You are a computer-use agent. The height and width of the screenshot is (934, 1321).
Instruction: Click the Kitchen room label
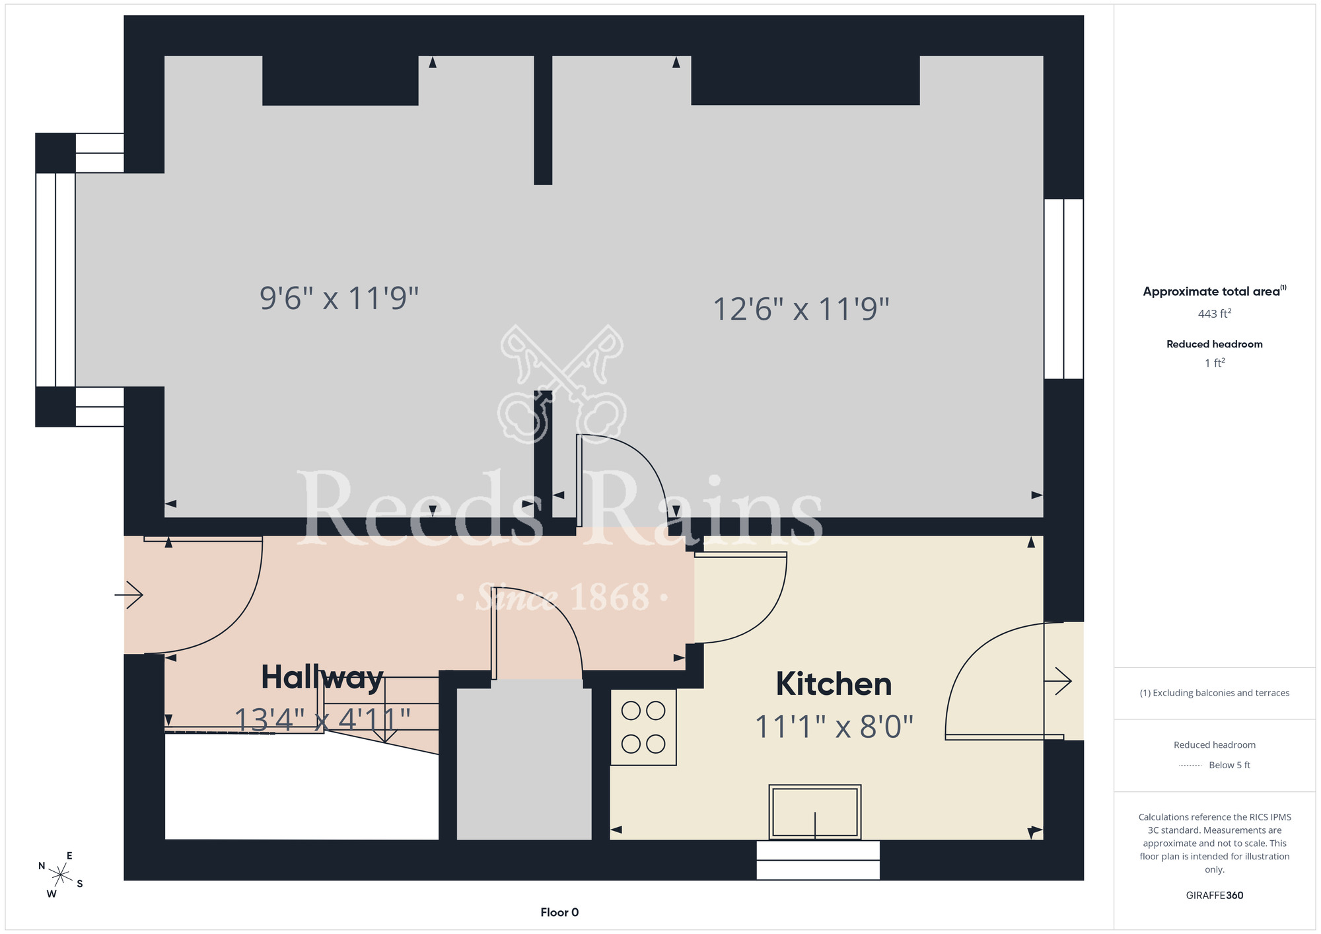(834, 684)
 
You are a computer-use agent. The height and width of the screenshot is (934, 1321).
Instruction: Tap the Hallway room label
(322, 677)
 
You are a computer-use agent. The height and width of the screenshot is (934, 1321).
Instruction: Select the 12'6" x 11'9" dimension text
(801, 309)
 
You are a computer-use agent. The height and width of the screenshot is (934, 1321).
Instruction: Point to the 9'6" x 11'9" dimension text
(339, 298)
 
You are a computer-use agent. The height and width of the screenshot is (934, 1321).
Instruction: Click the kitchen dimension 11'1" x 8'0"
(834, 727)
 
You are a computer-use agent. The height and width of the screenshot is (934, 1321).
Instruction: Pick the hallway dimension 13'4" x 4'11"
(322, 719)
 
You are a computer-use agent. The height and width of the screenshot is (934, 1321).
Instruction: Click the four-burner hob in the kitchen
(643, 727)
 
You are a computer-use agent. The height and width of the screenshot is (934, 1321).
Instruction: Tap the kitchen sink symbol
(815, 812)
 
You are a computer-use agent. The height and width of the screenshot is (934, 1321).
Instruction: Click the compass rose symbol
(60, 875)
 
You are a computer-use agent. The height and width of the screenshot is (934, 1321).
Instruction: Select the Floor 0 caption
(559, 912)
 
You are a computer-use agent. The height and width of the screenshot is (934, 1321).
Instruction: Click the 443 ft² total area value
(1215, 314)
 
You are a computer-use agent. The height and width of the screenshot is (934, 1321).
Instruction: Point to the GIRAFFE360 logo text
(1215, 896)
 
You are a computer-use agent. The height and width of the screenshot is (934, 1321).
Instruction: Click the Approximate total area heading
(1215, 291)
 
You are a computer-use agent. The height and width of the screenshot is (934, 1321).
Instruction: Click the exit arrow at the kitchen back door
(1058, 681)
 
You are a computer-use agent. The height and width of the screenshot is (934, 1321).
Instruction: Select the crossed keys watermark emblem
(562, 384)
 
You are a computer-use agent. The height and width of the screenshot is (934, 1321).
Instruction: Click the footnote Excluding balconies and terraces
(1215, 693)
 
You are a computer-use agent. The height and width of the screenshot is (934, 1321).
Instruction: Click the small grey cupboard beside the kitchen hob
(524, 760)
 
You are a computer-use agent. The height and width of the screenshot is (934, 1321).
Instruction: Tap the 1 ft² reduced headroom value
(1215, 363)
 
